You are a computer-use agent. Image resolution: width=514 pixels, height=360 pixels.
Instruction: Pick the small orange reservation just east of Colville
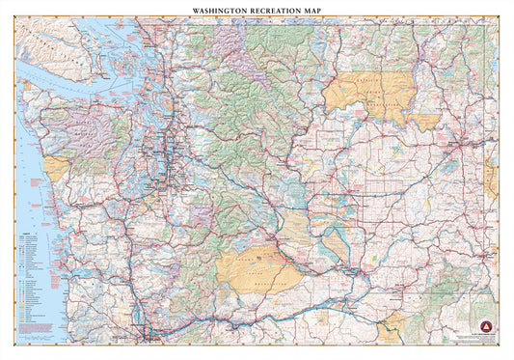click(423, 122)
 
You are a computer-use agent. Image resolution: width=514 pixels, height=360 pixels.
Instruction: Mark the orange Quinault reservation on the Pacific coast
click(56, 168)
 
